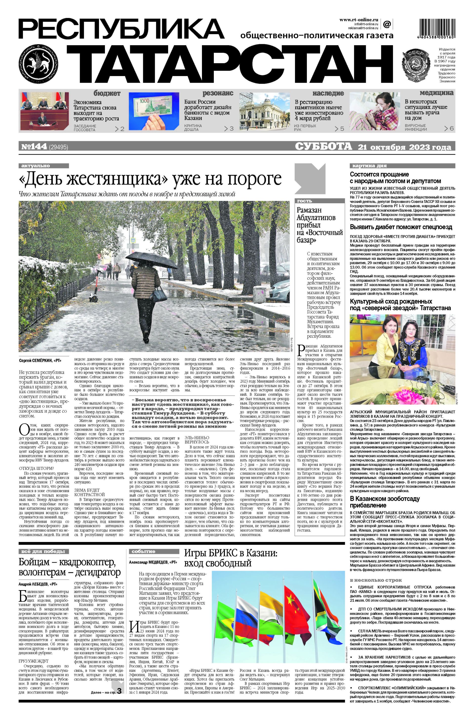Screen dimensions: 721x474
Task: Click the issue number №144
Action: pos(34,147)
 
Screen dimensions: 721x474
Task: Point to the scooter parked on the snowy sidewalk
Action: pos(94,293)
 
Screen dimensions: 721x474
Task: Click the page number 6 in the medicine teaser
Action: pos(451,128)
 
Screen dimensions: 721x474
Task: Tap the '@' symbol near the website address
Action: pos(387,24)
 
